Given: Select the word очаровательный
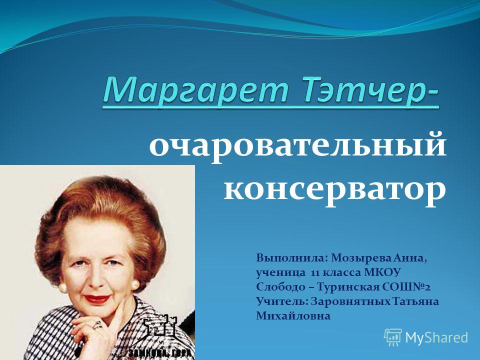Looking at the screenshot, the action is pos(297,147).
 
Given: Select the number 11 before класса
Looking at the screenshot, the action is pos(315,273).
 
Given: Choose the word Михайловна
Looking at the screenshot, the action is pos(293,316).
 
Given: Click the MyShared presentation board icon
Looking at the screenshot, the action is pos(393,337).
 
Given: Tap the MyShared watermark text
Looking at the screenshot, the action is pos(437,337).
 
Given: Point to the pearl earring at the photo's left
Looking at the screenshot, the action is pos(62,288).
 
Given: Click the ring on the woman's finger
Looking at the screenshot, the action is pos(97,325).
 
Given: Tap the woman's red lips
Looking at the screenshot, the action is pos(96,299).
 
